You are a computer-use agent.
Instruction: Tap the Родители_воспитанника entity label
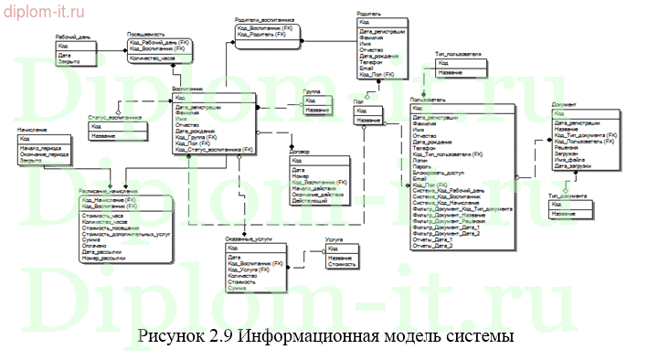[265, 18]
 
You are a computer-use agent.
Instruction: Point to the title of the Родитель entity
[370, 14]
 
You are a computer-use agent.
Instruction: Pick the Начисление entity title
[33, 130]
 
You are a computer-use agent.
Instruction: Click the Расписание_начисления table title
[109, 190]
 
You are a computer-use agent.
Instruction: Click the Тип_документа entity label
[567, 195]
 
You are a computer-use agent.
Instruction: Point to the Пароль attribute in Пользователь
[422, 165]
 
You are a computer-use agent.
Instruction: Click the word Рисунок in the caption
[168, 336]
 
